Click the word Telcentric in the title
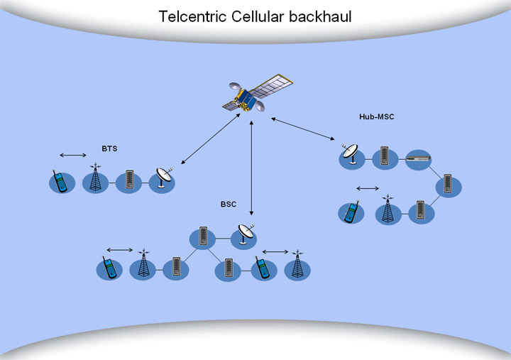point(192,16)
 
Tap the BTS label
point(109,149)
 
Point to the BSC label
point(228,204)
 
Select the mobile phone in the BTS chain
point(62,182)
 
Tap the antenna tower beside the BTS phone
point(95,180)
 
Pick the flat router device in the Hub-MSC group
point(418,159)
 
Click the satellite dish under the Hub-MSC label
point(351,156)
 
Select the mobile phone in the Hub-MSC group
point(350,212)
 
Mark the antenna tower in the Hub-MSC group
point(386,209)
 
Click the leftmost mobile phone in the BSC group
point(109,268)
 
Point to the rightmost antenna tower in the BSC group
point(297,266)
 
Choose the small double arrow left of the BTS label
point(73,155)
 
